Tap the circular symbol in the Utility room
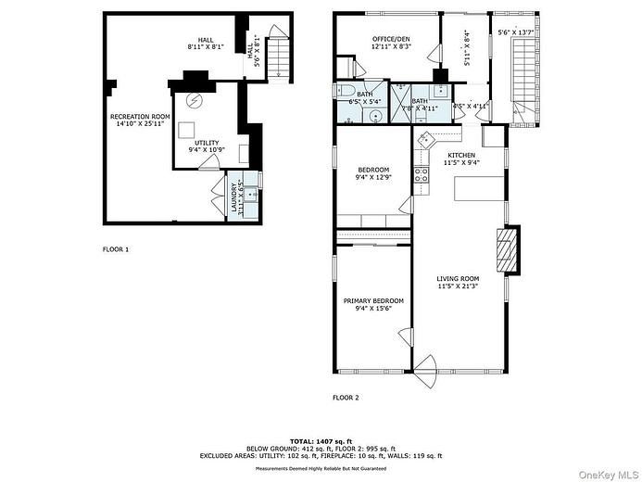click(x=195, y=101)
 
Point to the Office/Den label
click(x=391, y=39)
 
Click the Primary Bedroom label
click(x=373, y=301)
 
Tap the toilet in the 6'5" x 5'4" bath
click(x=345, y=91)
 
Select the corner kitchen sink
click(x=426, y=139)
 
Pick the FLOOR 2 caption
click(x=346, y=398)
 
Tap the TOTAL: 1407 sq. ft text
click(x=321, y=441)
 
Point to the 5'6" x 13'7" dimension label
click(x=517, y=32)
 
